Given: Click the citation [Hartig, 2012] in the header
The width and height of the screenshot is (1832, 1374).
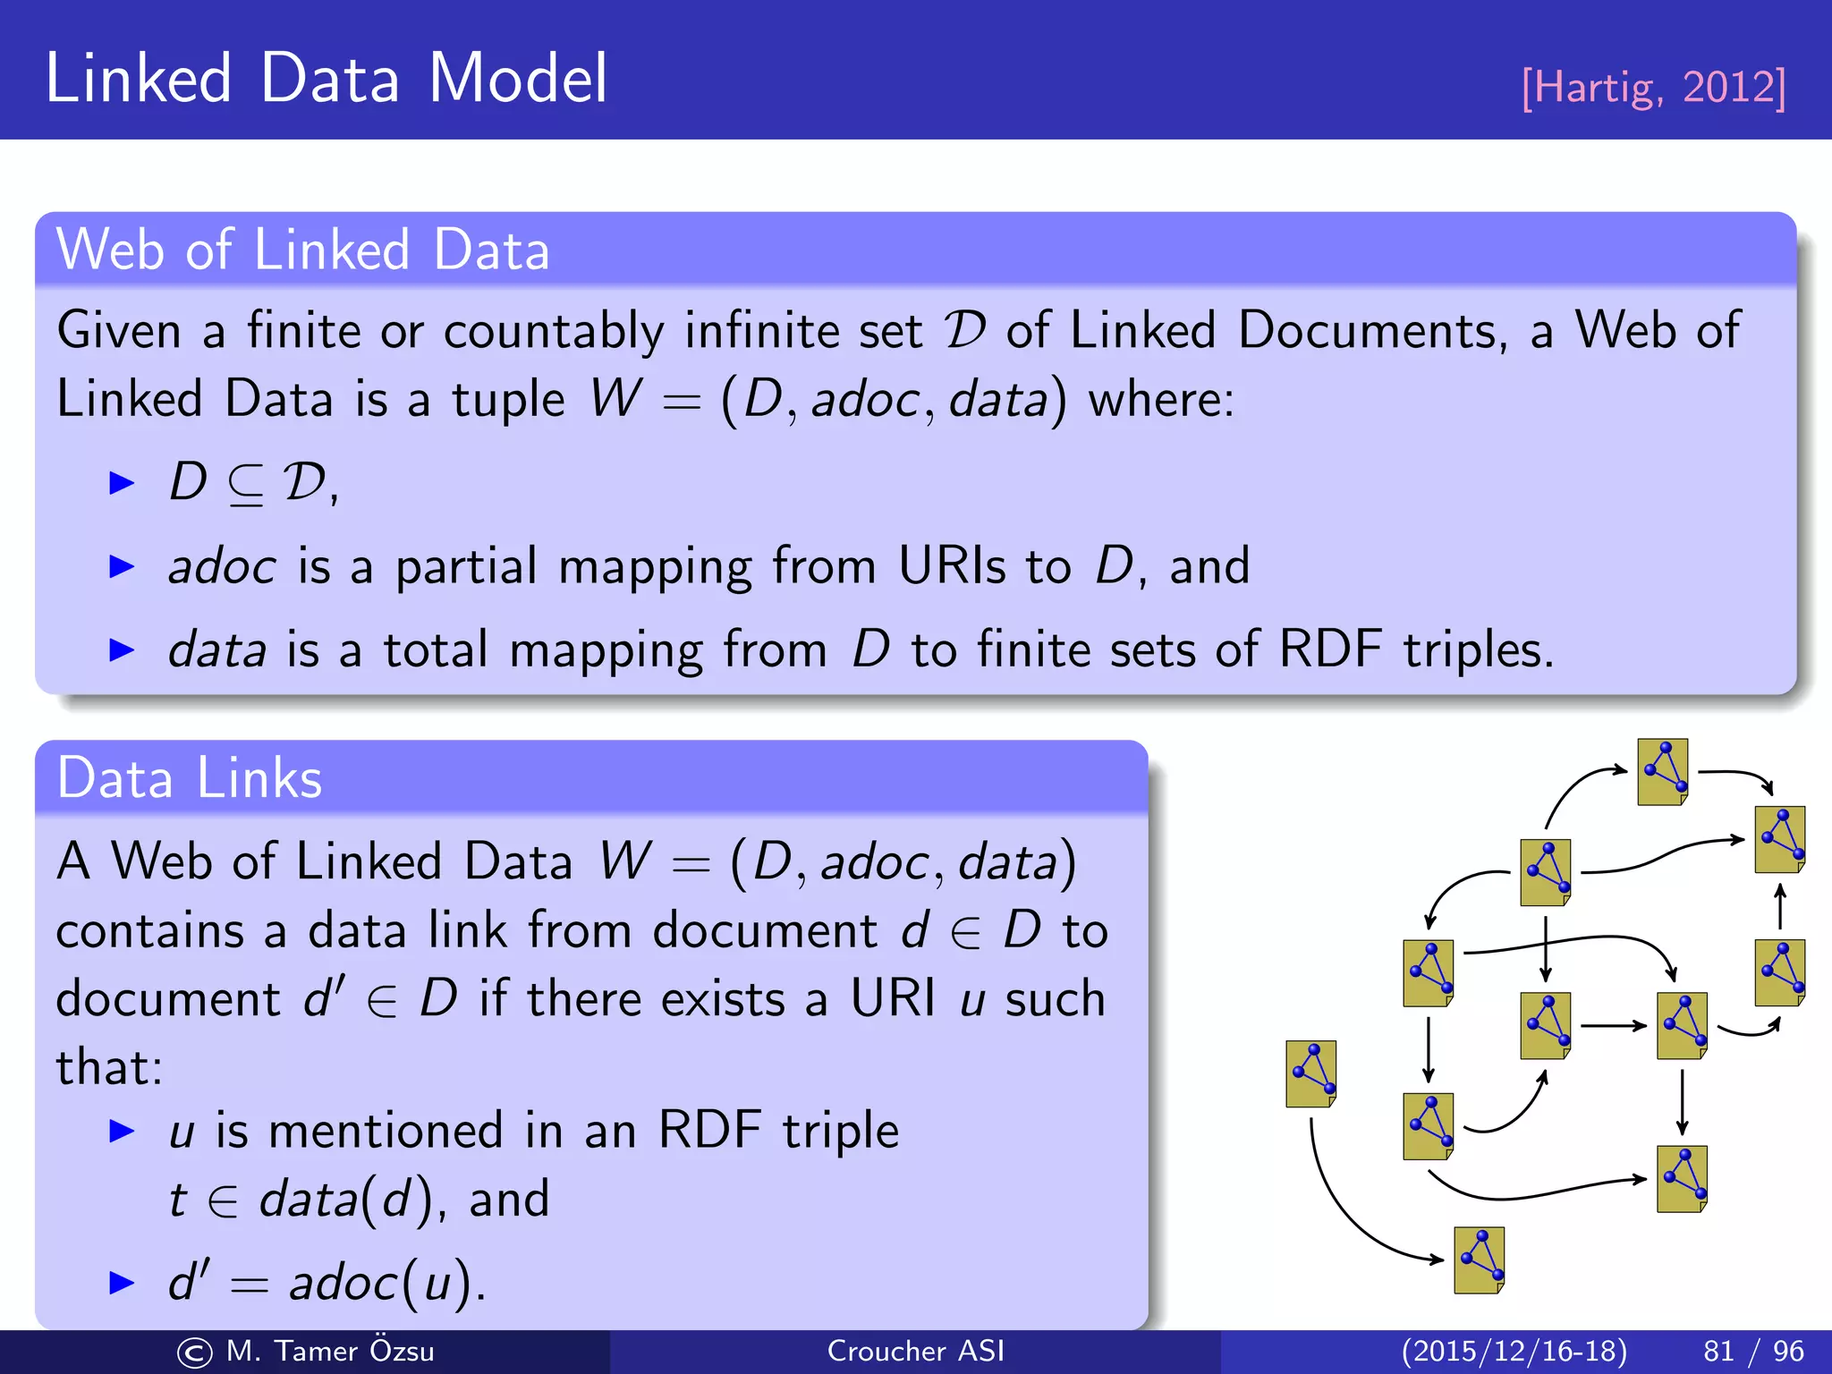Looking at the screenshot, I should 1653,88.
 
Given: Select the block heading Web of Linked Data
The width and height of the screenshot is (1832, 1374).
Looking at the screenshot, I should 302,250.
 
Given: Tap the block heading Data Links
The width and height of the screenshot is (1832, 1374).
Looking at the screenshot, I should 189,777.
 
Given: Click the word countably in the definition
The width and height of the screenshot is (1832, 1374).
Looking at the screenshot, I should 554,332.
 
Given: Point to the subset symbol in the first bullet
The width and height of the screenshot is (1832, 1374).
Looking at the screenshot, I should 245,484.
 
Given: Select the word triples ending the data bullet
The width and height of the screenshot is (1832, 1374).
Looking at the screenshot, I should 1475,649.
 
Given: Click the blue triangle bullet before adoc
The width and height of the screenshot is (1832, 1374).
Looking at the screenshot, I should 121,566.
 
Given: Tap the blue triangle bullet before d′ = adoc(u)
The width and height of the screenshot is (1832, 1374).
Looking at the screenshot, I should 121,1282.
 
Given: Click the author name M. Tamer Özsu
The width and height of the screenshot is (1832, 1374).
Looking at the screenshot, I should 329,1351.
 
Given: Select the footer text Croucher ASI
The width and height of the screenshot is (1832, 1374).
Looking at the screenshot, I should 915,1351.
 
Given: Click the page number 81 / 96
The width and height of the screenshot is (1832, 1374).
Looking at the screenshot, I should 1752,1351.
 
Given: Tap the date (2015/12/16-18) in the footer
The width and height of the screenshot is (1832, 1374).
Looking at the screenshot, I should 1514,1351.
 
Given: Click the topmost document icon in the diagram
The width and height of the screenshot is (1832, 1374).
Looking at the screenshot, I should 1663,772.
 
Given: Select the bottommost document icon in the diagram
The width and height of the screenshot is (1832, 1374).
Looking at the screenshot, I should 1479,1260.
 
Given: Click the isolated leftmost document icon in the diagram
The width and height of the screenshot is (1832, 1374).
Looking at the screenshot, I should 1311,1073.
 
